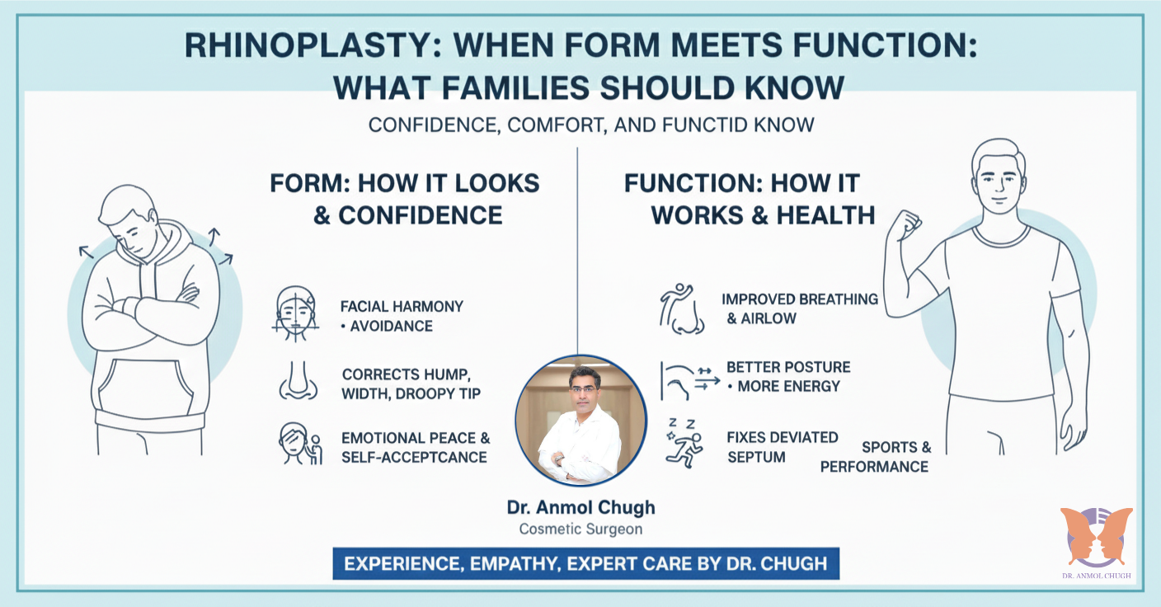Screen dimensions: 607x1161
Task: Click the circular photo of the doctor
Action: point(580,421)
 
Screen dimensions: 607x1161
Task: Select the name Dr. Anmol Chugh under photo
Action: point(580,507)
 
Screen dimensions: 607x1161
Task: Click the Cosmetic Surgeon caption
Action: point(580,529)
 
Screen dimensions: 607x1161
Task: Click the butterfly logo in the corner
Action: point(1096,536)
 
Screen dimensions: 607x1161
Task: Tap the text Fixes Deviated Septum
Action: point(782,446)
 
